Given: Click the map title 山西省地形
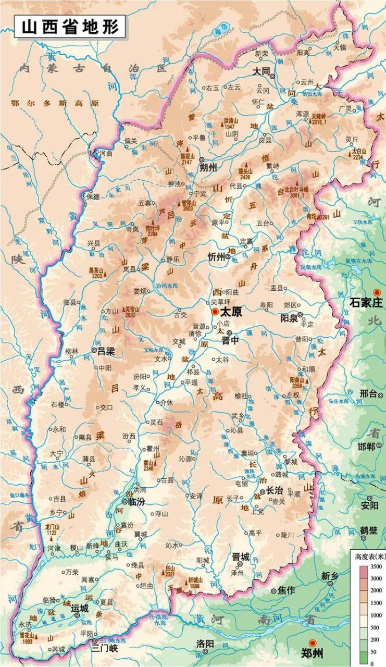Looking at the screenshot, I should point(70,26).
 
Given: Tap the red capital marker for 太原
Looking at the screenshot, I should point(215,312).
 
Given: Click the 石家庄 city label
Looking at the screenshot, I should point(366,302).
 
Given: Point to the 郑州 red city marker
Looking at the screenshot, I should point(313,643).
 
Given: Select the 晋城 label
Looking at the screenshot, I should point(241,557).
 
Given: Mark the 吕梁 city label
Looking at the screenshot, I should point(109,351).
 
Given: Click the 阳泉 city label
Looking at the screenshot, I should point(289,318).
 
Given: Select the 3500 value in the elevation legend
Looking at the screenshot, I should point(377,566).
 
